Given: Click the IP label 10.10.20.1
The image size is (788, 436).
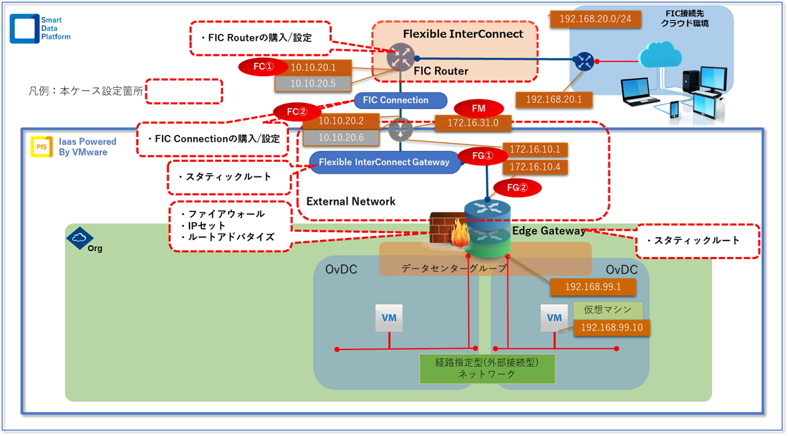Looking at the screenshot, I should tap(313, 67).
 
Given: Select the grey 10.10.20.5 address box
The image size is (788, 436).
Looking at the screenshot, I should tap(313, 83).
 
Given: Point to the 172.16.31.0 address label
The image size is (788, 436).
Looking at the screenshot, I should tap(473, 123).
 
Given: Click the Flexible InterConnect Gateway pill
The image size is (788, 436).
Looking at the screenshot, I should tap(384, 161).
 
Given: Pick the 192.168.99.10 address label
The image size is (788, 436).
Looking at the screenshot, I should tap(612, 327).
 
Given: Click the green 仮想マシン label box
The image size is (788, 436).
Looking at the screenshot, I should tap(608, 309).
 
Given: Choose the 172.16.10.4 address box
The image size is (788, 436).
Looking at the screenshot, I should tap(535, 167).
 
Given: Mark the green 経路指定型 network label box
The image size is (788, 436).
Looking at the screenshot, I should tap(486, 368).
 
